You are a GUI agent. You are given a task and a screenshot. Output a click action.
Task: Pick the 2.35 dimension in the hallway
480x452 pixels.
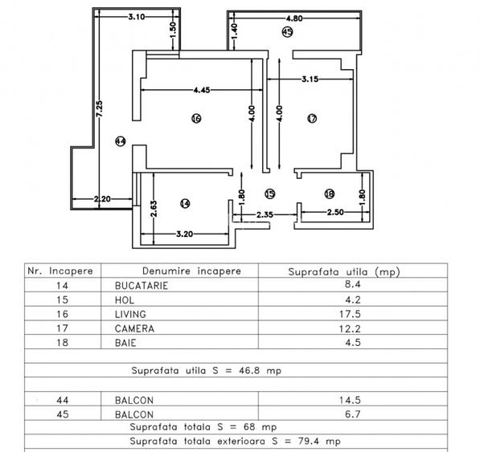point(266,214)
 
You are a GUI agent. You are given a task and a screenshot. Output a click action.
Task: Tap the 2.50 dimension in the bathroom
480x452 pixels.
point(336,212)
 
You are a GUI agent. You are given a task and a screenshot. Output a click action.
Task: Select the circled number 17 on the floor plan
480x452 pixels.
point(313,119)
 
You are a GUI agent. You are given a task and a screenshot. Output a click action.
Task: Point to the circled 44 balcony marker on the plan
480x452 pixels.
point(121,141)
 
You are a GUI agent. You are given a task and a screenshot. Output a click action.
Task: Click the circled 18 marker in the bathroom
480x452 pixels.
point(329,193)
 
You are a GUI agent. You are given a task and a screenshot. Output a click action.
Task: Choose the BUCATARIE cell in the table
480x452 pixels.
point(134,285)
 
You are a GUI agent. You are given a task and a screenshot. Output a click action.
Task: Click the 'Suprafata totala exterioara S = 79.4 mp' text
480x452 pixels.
point(235,441)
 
